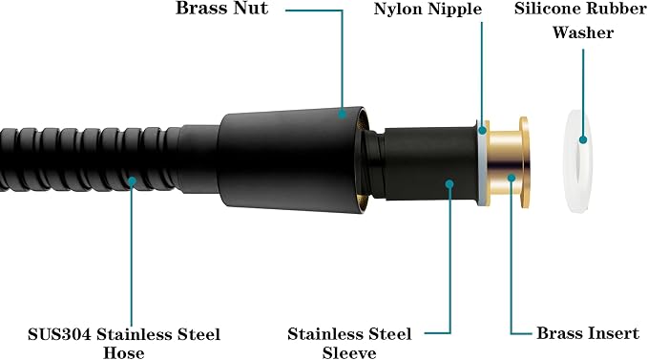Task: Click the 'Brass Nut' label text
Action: pyautogui.click(x=222, y=8)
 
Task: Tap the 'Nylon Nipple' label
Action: pyautogui.click(x=428, y=10)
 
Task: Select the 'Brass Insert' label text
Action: pyautogui.click(x=588, y=333)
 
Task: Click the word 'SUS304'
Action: pyautogui.click(x=59, y=334)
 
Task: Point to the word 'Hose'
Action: pyautogui.click(x=123, y=352)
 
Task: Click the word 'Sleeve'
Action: pyautogui.click(x=349, y=352)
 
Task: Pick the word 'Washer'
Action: pyautogui.click(x=583, y=32)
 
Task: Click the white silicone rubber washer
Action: pyautogui.click(x=578, y=161)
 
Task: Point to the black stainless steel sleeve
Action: pyautogui.click(x=429, y=164)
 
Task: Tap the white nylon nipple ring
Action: pyautogui.click(x=481, y=163)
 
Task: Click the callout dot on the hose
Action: pyautogui.click(x=132, y=181)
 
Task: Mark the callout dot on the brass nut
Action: pyautogui.click(x=342, y=113)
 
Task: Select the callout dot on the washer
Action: pyautogui.click(x=583, y=139)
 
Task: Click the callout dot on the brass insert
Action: pyautogui.click(x=512, y=179)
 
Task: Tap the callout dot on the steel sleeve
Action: pyautogui.click(x=449, y=184)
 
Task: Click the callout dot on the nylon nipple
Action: pyautogui.click(x=482, y=131)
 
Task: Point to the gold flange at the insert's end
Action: pyautogui.click(x=524, y=162)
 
